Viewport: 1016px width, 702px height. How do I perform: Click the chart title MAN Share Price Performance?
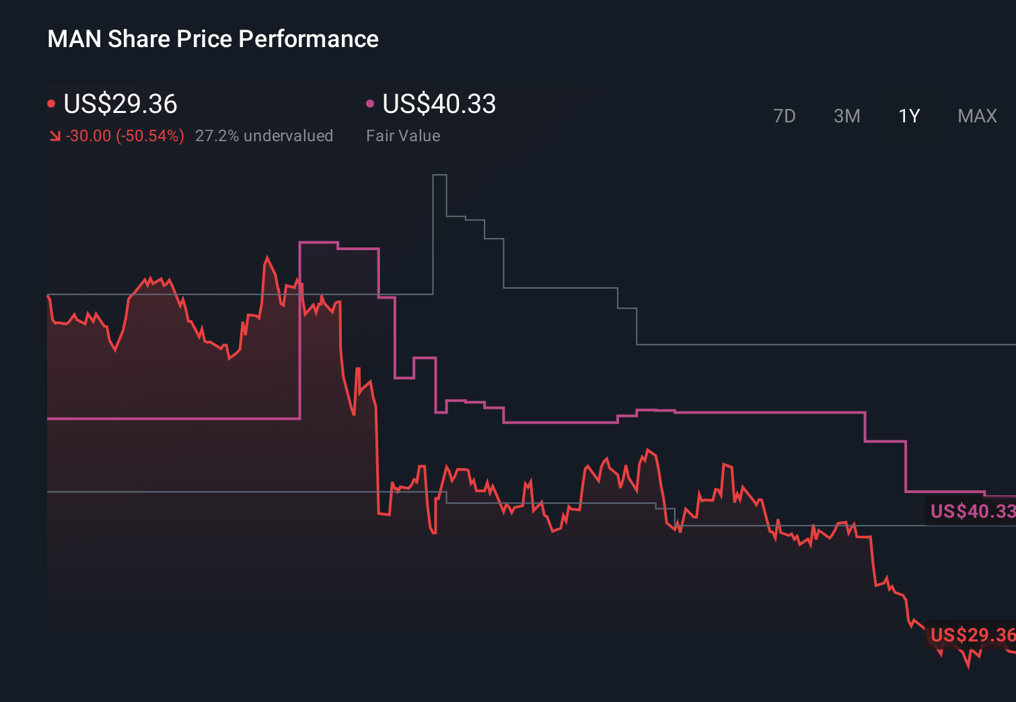pyautogui.click(x=213, y=39)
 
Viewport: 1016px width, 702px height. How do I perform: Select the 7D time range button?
pyautogui.click(x=784, y=116)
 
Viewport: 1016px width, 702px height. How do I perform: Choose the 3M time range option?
pyautogui.click(x=846, y=116)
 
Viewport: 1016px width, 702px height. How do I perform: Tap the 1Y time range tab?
pyautogui.click(x=909, y=116)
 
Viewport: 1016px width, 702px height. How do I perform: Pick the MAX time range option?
pyautogui.click(x=977, y=116)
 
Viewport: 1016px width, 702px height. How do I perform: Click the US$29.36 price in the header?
pyautogui.click(x=120, y=104)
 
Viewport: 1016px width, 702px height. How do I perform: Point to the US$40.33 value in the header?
pyautogui.click(x=439, y=104)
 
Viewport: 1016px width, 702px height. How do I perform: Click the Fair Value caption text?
pyautogui.click(x=403, y=136)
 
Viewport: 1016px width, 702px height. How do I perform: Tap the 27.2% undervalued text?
pyautogui.click(x=264, y=136)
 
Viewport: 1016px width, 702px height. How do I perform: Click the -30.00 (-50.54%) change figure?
pyautogui.click(x=125, y=136)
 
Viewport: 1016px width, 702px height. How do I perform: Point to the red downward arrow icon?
pyautogui.click(x=55, y=136)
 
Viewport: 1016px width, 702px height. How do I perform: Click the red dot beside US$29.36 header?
pyautogui.click(x=51, y=104)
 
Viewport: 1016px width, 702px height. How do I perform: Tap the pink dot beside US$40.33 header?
pyautogui.click(x=370, y=104)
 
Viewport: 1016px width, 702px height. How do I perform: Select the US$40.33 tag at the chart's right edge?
pyautogui.click(x=972, y=511)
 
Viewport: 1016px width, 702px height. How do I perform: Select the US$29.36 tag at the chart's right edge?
pyautogui.click(x=972, y=635)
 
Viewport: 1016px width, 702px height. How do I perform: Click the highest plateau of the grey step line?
pyautogui.click(x=439, y=175)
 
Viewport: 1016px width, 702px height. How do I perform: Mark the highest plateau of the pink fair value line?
pyautogui.click(x=318, y=242)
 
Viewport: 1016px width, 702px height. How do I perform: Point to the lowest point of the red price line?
pyautogui.click(x=968, y=667)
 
